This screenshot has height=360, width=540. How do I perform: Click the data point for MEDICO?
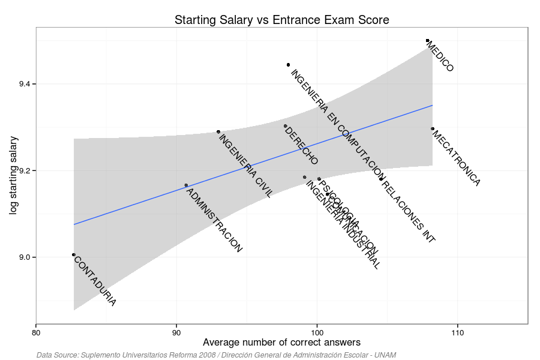[427, 40]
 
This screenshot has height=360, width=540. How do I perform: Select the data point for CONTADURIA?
[74, 254]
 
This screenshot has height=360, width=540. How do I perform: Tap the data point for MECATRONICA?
[432, 128]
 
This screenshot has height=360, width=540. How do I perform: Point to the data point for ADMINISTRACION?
[186, 185]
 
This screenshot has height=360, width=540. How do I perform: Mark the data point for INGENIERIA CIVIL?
[218, 131]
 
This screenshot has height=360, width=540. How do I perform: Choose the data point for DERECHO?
[285, 125]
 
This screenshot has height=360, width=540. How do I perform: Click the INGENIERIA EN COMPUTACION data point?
[288, 64]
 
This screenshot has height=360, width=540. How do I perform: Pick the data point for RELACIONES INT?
[381, 179]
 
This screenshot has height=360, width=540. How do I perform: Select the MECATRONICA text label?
[456, 157]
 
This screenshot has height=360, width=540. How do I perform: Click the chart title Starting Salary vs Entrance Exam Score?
[282, 20]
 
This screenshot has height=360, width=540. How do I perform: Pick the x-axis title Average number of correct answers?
[282, 343]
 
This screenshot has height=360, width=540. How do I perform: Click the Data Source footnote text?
[216, 355]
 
